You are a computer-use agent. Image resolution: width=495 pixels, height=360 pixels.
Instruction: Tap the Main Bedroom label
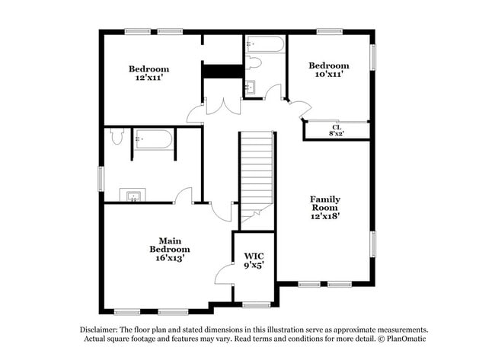coord(169,244)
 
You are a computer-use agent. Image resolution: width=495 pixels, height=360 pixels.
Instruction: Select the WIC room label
coord(254,256)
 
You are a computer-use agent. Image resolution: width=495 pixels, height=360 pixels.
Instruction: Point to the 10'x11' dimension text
coord(329,74)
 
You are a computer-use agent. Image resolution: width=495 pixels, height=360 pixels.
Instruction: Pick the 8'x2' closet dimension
coord(336,134)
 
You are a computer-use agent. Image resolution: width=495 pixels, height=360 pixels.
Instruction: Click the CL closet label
coord(336,126)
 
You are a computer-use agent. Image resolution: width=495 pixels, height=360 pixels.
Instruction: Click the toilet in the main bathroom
coord(117,137)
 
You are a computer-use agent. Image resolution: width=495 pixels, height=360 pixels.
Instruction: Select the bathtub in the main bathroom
coord(154,140)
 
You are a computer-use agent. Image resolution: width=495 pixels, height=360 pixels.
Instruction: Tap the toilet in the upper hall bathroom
coord(254,63)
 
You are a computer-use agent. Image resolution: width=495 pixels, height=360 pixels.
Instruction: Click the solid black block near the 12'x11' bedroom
coord(222,71)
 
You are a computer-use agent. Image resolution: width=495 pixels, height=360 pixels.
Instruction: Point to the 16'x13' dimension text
coord(169,258)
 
